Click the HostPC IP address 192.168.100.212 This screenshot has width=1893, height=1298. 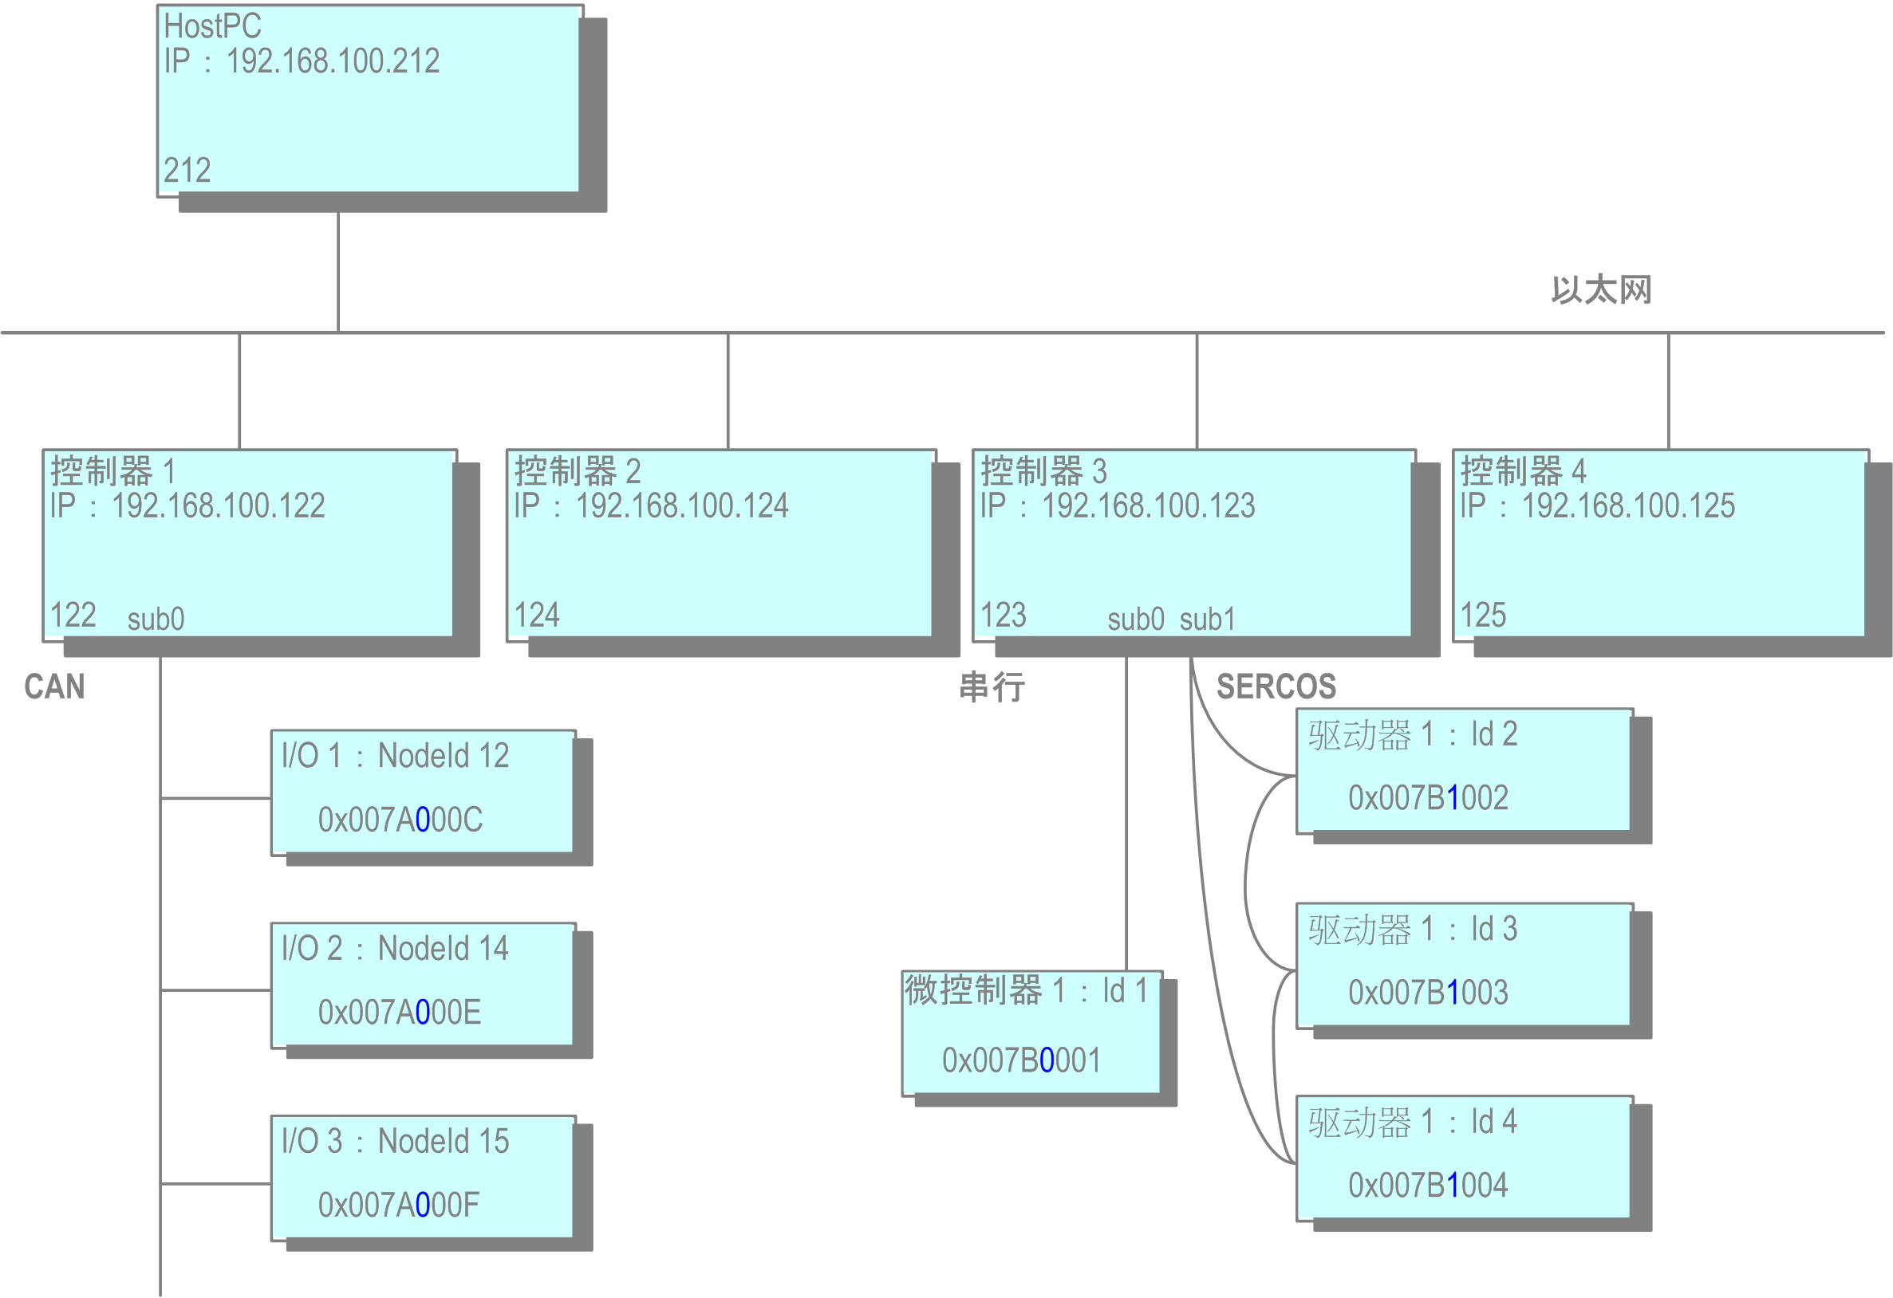(x=333, y=62)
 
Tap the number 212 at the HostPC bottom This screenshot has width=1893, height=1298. (x=187, y=171)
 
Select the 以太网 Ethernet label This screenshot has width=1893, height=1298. (x=1600, y=290)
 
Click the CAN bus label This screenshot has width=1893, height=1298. (x=54, y=686)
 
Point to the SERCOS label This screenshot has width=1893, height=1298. (x=1276, y=686)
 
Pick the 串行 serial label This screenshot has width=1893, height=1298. (x=992, y=686)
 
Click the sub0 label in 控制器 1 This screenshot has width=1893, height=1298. (x=156, y=619)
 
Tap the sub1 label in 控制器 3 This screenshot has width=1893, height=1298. (x=1207, y=619)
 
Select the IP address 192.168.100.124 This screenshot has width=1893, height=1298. (x=682, y=506)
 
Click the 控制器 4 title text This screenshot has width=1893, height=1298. (x=1523, y=471)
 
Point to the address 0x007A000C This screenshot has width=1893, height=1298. (x=400, y=820)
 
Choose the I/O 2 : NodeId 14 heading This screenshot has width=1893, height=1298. (x=395, y=949)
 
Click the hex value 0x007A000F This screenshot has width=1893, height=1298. (x=398, y=1206)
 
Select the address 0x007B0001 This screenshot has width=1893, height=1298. (x=1021, y=1060)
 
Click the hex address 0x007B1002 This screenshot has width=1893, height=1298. (x=1428, y=798)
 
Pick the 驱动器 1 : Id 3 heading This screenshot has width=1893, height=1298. (x=1413, y=929)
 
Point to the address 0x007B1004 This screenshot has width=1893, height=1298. (x=1428, y=1186)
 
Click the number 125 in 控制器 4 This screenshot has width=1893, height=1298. (x=1482, y=616)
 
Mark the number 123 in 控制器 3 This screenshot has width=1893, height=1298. (x=1003, y=616)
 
